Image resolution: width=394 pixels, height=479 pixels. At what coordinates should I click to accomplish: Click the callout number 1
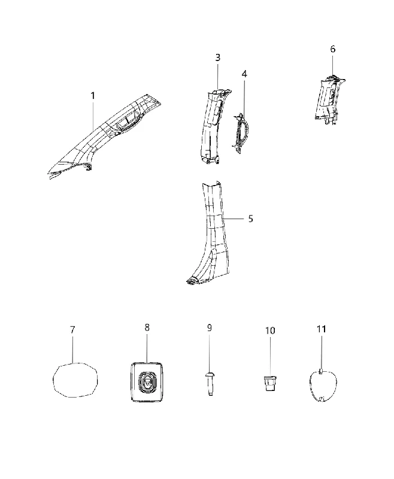point(93,96)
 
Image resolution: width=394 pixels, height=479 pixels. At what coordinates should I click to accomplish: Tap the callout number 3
point(218,57)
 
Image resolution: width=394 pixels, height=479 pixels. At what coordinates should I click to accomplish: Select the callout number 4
point(244,74)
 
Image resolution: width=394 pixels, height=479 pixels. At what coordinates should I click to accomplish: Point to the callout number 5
point(250,219)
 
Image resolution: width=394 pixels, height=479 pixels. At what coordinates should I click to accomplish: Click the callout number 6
point(332,49)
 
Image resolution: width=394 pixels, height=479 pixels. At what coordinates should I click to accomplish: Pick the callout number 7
point(72,330)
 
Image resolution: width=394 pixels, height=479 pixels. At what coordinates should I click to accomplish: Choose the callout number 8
point(147,328)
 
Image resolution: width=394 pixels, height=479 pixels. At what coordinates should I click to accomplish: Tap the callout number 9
point(209,328)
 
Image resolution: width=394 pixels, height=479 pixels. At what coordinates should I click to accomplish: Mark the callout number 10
point(270,331)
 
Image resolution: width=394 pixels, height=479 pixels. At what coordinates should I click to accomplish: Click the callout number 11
point(322,329)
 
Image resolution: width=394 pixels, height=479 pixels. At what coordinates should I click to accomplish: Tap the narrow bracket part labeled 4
point(241,133)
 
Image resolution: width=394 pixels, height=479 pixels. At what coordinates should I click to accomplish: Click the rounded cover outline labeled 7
point(75,380)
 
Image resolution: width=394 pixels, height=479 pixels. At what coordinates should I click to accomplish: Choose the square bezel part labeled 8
point(147,382)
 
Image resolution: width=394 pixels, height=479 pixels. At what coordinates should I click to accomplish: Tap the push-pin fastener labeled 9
point(210,384)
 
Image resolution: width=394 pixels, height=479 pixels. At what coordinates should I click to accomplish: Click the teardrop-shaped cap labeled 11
point(323,386)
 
